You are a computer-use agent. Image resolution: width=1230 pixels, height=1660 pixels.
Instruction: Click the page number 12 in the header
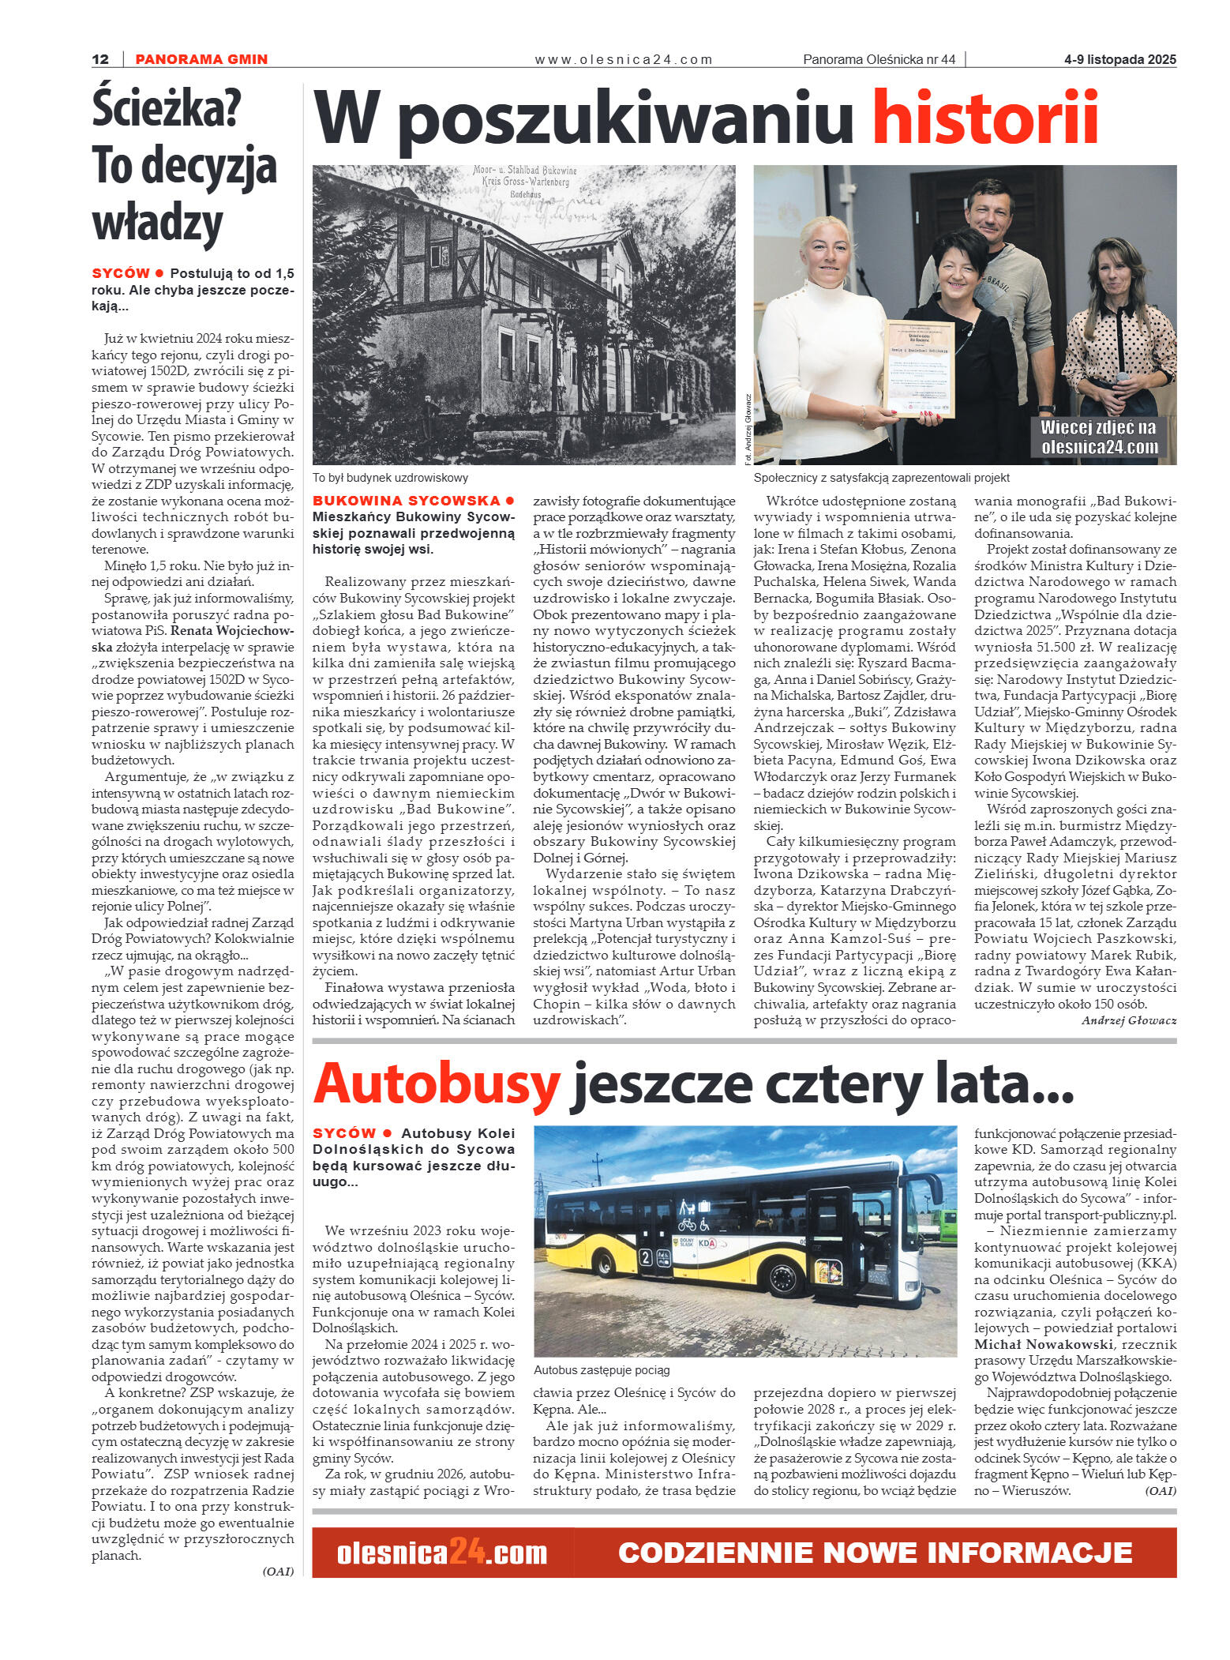coord(100,59)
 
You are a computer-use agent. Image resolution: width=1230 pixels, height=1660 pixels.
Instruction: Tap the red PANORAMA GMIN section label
coord(201,59)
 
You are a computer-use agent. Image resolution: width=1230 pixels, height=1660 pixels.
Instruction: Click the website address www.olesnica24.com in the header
coord(623,59)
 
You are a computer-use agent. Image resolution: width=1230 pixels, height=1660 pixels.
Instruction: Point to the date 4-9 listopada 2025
coord(1119,59)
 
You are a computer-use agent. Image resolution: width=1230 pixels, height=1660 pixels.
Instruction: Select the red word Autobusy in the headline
coord(437,1084)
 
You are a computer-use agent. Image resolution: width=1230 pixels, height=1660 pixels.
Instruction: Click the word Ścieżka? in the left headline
coord(167,109)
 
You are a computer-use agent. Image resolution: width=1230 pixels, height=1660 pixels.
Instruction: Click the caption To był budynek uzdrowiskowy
coord(390,478)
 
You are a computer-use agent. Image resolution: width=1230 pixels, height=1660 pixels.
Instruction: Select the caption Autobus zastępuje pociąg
coord(602,1370)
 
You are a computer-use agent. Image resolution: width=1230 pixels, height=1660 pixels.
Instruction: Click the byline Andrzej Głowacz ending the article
coord(1128,1020)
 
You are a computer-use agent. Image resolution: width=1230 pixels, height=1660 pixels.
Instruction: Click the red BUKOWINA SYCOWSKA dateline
coord(407,501)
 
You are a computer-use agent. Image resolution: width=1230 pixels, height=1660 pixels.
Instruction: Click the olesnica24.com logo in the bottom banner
coord(441,1553)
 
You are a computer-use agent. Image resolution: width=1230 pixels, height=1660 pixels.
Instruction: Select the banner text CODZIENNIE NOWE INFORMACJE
coord(875,1553)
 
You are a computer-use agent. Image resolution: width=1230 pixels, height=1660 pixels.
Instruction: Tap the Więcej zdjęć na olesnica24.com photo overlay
coord(1098,437)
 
